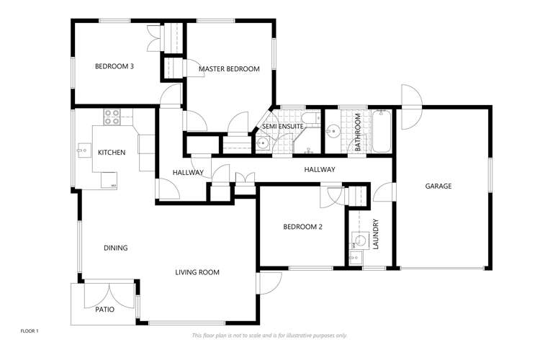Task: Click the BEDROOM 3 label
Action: pyautogui.click(x=114, y=67)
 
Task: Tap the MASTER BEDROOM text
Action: pyautogui.click(x=229, y=69)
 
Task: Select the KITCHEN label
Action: pyautogui.click(x=112, y=153)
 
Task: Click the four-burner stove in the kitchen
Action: pyautogui.click(x=112, y=117)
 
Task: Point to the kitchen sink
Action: pyautogui.click(x=81, y=152)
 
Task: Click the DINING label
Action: pyautogui.click(x=115, y=248)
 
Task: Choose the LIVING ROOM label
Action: pyautogui.click(x=197, y=272)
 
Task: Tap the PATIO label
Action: pyautogui.click(x=104, y=310)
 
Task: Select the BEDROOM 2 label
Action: pyautogui.click(x=302, y=227)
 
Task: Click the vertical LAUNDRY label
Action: pyautogui.click(x=375, y=235)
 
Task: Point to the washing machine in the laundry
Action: pyautogui.click(x=358, y=240)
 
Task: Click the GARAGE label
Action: pyautogui.click(x=438, y=186)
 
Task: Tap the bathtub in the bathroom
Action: pyautogui.click(x=381, y=131)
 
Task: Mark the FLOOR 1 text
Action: pyautogui.click(x=29, y=330)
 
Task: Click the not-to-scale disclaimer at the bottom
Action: pyautogui.click(x=269, y=336)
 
